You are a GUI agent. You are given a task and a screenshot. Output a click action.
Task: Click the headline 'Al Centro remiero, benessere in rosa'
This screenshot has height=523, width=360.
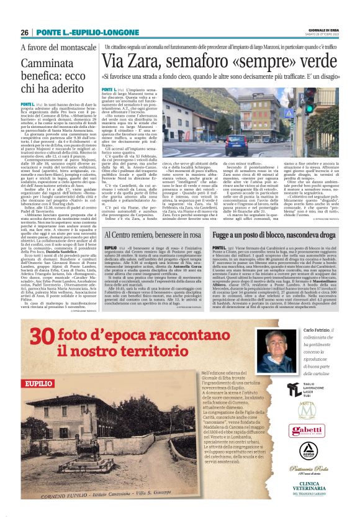(x=156, y=236)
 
